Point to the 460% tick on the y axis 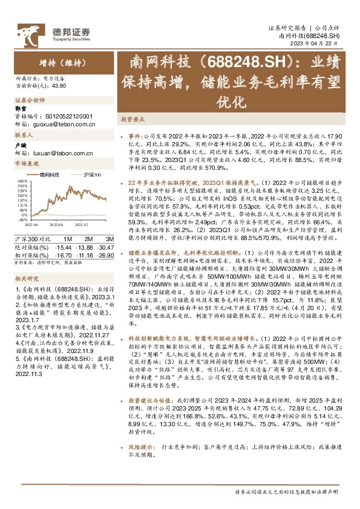click(20, 181)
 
